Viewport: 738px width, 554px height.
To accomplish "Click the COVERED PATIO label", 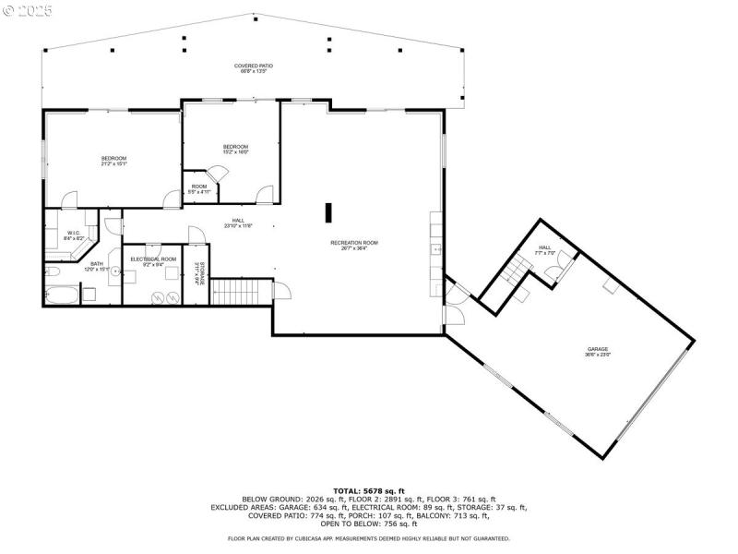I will point(254,68).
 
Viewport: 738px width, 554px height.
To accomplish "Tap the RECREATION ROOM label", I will point(354,245).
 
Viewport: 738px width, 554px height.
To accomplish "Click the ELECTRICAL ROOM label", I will point(152,261).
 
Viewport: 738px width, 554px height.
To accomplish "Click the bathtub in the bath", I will point(61,295).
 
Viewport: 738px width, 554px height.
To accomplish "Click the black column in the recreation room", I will point(327,212).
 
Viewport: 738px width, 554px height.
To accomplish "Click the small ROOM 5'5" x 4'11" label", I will point(200,189).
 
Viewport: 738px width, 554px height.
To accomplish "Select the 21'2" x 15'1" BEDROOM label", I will point(113,162).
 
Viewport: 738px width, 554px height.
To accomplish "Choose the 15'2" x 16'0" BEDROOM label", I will point(235,149).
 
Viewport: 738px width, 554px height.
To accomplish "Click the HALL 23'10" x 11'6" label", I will point(238,223).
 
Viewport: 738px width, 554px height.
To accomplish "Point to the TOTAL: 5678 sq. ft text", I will point(369,490).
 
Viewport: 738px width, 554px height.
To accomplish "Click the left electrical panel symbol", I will point(158,297).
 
